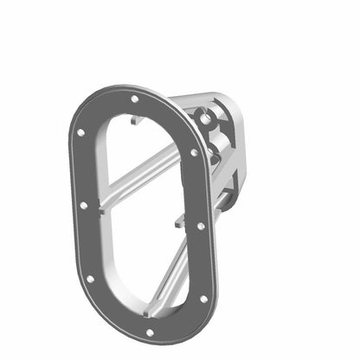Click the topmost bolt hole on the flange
[x=134, y=99]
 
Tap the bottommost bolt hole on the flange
[x=149, y=331]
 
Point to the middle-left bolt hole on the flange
[x=83, y=206]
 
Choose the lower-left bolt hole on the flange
[x=91, y=279]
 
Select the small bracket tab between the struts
[x=178, y=222]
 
